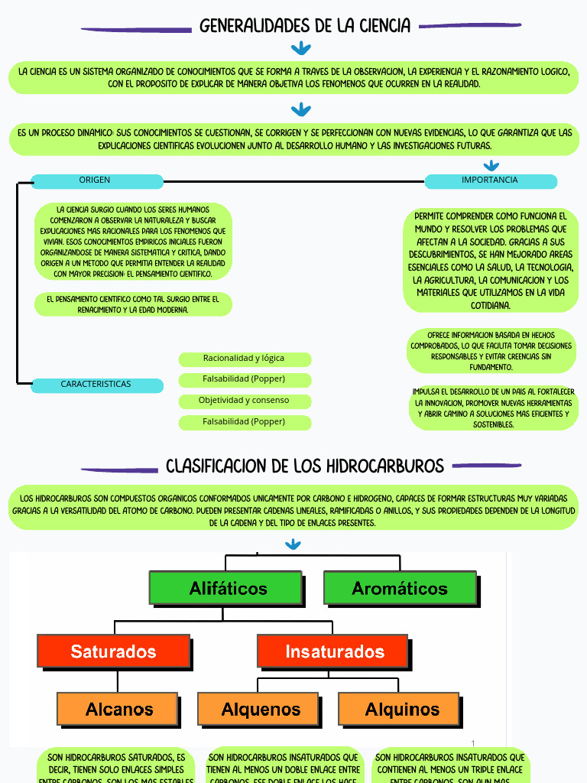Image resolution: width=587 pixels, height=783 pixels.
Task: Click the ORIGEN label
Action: [96, 180]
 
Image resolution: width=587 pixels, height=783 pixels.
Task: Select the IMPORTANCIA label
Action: [490, 180]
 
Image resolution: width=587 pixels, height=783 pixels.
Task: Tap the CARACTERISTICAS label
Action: [96, 385]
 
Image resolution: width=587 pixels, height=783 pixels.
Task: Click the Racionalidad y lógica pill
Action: [244, 359]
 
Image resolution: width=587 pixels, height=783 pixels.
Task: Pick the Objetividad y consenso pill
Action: [244, 401]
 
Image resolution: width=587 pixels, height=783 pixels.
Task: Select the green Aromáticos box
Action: [399, 588]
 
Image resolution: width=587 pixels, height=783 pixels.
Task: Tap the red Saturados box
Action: [113, 651]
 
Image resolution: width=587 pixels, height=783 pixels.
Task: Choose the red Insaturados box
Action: [334, 651]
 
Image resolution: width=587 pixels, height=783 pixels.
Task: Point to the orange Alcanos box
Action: [118, 709]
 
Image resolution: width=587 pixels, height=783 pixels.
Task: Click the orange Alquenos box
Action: [260, 709]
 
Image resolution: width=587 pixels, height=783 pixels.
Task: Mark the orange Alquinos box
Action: [401, 709]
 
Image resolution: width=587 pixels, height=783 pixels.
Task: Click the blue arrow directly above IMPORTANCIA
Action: [491, 165]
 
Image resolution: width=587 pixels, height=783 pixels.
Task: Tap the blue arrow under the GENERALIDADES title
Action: [301, 49]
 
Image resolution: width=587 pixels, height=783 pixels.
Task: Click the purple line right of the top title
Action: [470, 26]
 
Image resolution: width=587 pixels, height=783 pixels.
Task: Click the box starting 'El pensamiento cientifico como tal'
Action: [133, 304]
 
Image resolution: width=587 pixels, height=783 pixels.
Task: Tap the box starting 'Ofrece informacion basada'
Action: [491, 351]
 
